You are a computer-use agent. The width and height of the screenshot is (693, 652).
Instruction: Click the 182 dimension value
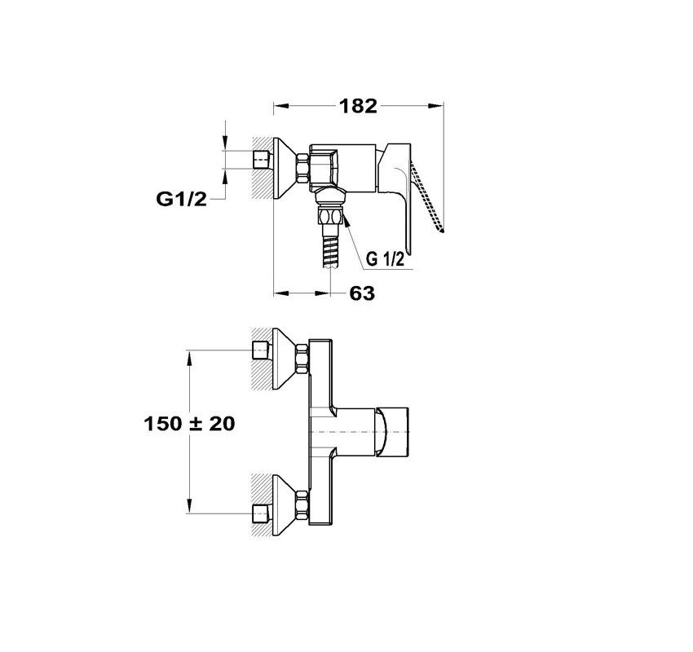pos(358,106)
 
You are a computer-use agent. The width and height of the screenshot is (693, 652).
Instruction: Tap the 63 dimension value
pos(362,293)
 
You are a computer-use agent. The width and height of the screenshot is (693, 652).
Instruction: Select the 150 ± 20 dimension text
pos(189,424)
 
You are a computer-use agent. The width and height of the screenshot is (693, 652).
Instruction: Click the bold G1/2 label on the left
pos(181,199)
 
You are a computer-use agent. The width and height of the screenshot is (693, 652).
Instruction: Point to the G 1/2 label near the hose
pos(385,259)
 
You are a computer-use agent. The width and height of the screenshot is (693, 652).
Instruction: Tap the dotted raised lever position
pos(428,196)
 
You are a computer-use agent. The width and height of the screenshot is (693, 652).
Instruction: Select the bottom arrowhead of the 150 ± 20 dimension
pos(190,506)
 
